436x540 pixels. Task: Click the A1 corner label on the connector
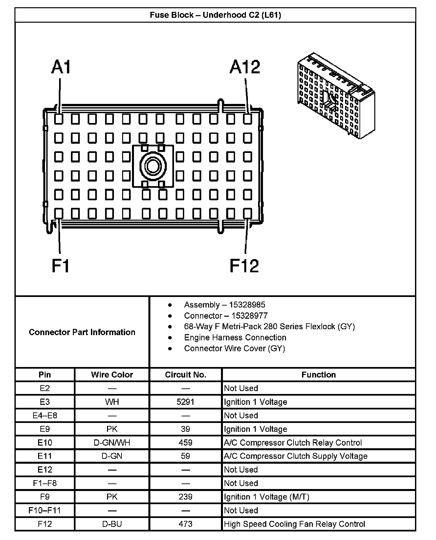point(61,67)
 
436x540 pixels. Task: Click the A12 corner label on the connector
point(245,67)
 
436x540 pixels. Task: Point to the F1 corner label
point(61,266)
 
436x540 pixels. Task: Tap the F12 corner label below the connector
point(244,266)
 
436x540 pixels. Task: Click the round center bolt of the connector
point(153,166)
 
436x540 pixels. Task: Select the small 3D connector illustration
point(336,95)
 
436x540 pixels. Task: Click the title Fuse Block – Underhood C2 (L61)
point(215,15)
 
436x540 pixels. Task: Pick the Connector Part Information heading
point(82,332)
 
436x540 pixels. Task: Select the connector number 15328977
point(249,316)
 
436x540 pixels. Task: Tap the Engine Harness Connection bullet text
point(235,337)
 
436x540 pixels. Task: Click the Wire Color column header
point(112,375)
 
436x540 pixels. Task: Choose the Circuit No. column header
point(185,375)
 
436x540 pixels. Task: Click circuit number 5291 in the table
point(185,402)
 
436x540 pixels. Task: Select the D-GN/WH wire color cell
point(112,443)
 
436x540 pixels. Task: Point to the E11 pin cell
point(45,456)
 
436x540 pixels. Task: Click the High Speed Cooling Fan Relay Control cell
point(294,524)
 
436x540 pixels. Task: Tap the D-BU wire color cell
point(112,524)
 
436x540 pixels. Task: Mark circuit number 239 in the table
point(185,497)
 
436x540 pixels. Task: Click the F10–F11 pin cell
point(45,510)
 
